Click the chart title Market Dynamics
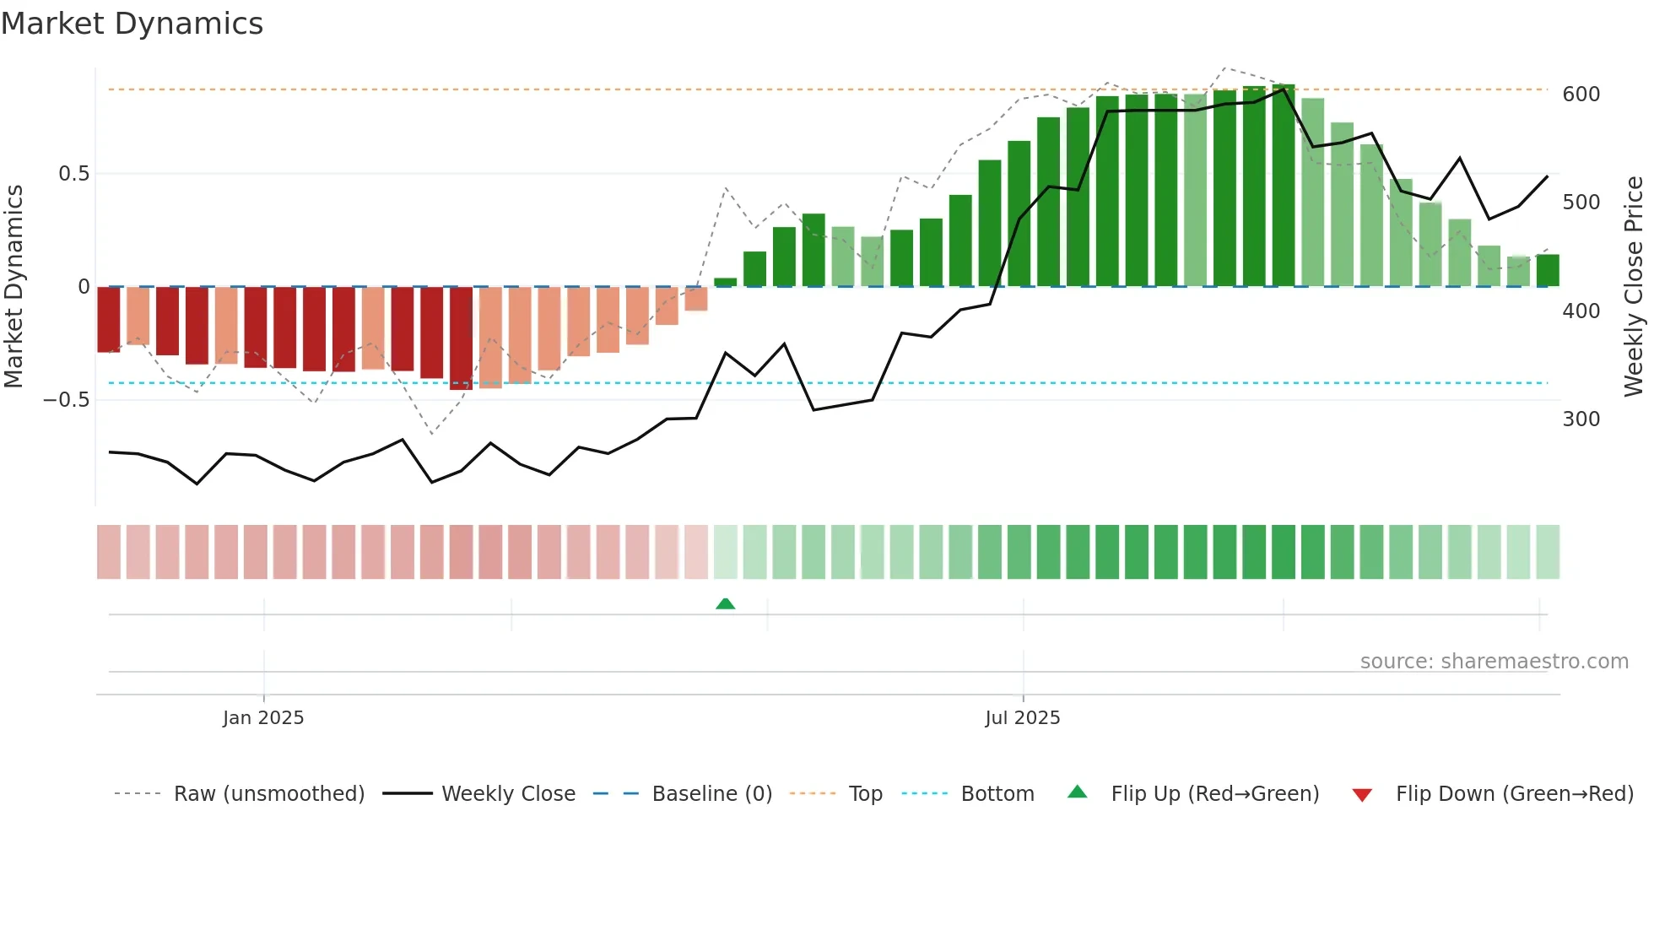pos(132,24)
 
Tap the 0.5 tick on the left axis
pos(73,174)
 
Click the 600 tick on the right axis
pos(1581,95)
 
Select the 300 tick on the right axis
pos(1581,419)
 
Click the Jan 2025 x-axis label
pos(263,718)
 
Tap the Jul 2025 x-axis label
pos(1022,718)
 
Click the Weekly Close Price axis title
pos(1634,287)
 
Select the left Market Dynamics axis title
pos(14,287)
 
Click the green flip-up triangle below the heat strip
pos(725,603)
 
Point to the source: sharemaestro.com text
pos(1494,662)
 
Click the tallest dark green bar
pos(1283,186)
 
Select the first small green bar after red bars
pos(725,283)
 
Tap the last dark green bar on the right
pos(1547,271)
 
